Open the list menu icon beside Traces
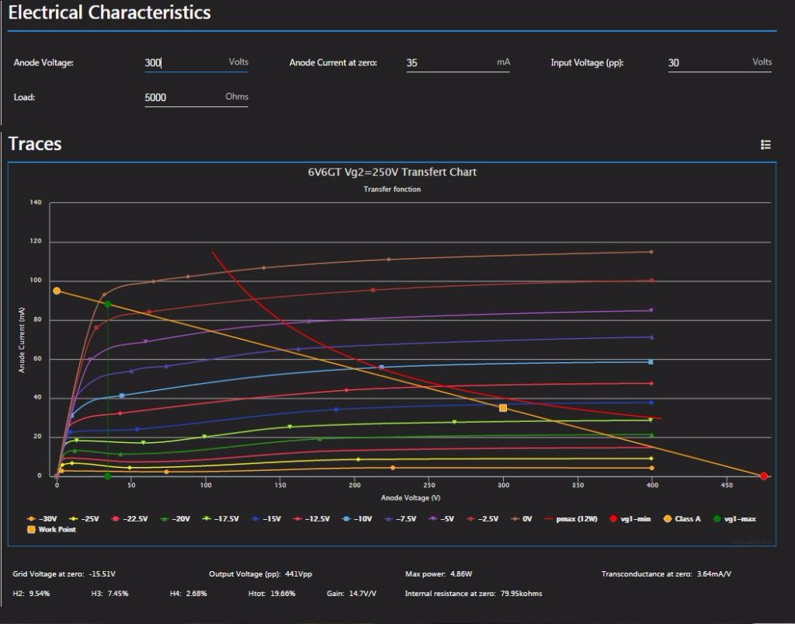tap(765, 145)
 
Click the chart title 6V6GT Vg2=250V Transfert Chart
tap(392, 172)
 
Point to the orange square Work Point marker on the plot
tap(503, 408)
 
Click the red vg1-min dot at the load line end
tap(764, 476)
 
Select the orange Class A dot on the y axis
tap(57, 291)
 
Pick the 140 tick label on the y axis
tap(36, 203)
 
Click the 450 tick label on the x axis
tap(727, 485)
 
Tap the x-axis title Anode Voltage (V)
tap(411, 497)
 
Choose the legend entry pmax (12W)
tap(573, 518)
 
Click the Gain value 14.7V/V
tap(362, 594)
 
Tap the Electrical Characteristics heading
tap(109, 13)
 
